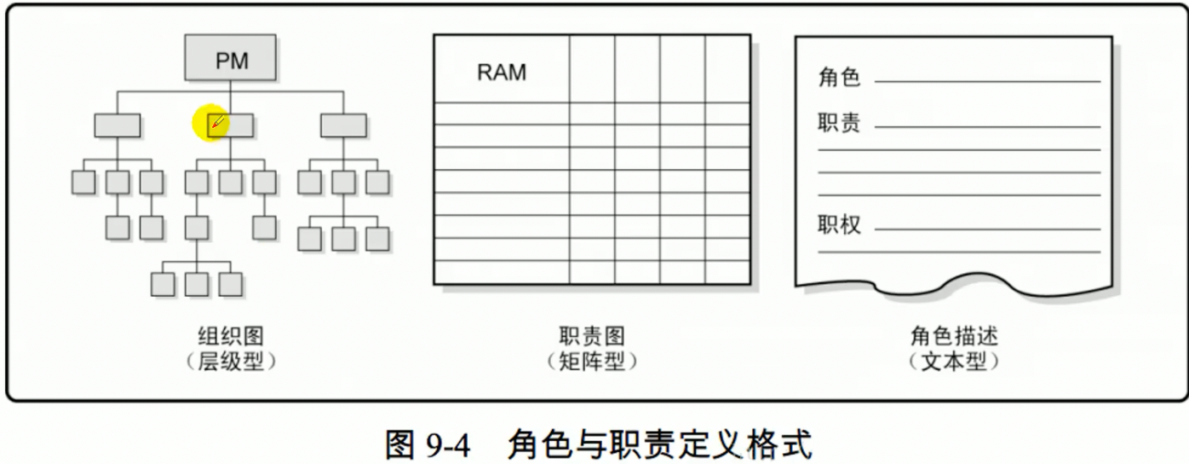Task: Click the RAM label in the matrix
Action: click(502, 72)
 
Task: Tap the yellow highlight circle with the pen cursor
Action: click(211, 125)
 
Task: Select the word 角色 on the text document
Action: click(839, 78)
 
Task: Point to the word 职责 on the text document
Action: click(839, 124)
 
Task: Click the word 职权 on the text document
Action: click(839, 226)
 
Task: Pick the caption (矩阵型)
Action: click(592, 362)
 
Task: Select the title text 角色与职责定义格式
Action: click(660, 444)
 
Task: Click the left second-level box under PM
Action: click(117, 125)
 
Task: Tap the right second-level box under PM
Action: click(343, 125)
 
